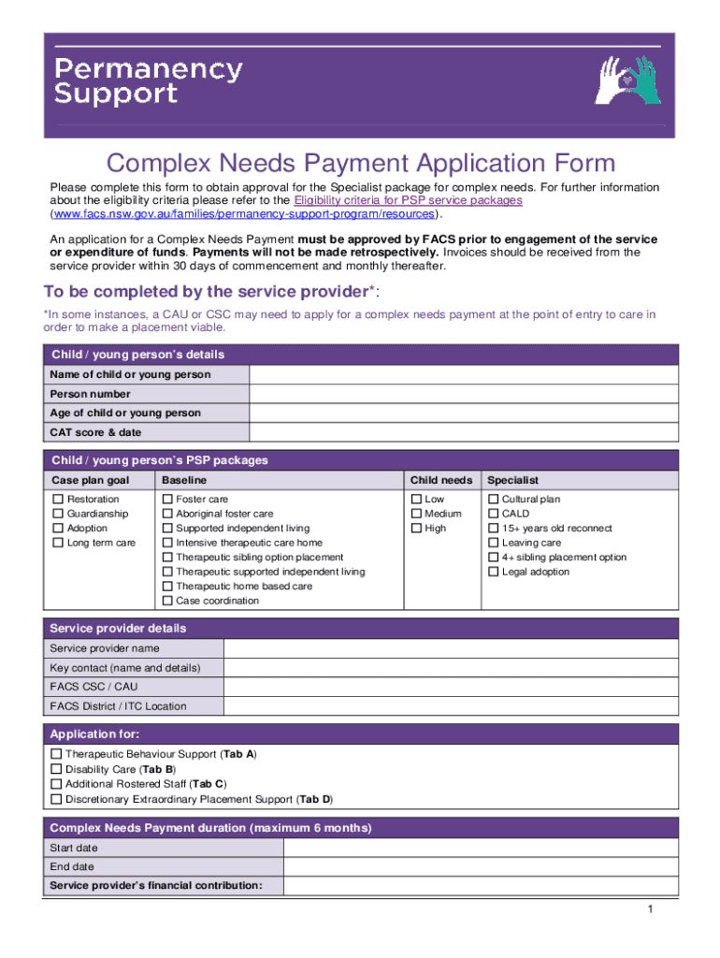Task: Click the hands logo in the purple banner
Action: pyautogui.click(x=627, y=80)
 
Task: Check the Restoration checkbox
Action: pyautogui.click(x=58, y=500)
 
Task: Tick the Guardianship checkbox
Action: pyautogui.click(x=58, y=514)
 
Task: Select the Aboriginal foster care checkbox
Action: pyautogui.click(x=167, y=514)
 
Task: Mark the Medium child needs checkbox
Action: pyautogui.click(x=416, y=514)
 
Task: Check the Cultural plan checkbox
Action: pyautogui.click(x=494, y=500)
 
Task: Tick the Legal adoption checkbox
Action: pyautogui.click(x=494, y=572)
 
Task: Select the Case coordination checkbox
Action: pyautogui.click(x=167, y=601)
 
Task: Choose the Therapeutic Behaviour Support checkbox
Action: pyautogui.click(x=56, y=753)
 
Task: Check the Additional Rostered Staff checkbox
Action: pyautogui.click(x=56, y=784)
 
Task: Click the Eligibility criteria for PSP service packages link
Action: pyautogui.click(x=408, y=200)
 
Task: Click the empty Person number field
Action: pyautogui.click(x=463, y=394)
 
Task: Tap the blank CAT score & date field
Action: pyautogui.click(x=463, y=432)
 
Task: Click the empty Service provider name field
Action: pyautogui.click(x=451, y=648)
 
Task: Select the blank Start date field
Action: pyautogui.click(x=481, y=848)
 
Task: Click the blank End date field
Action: pyautogui.click(x=481, y=866)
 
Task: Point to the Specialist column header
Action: pyautogui.click(x=512, y=480)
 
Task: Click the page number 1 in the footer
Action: pyautogui.click(x=648, y=910)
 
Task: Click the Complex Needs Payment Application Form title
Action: pyautogui.click(x=360, y=164)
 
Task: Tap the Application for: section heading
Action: pyautogui.click(x=94, y=734)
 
